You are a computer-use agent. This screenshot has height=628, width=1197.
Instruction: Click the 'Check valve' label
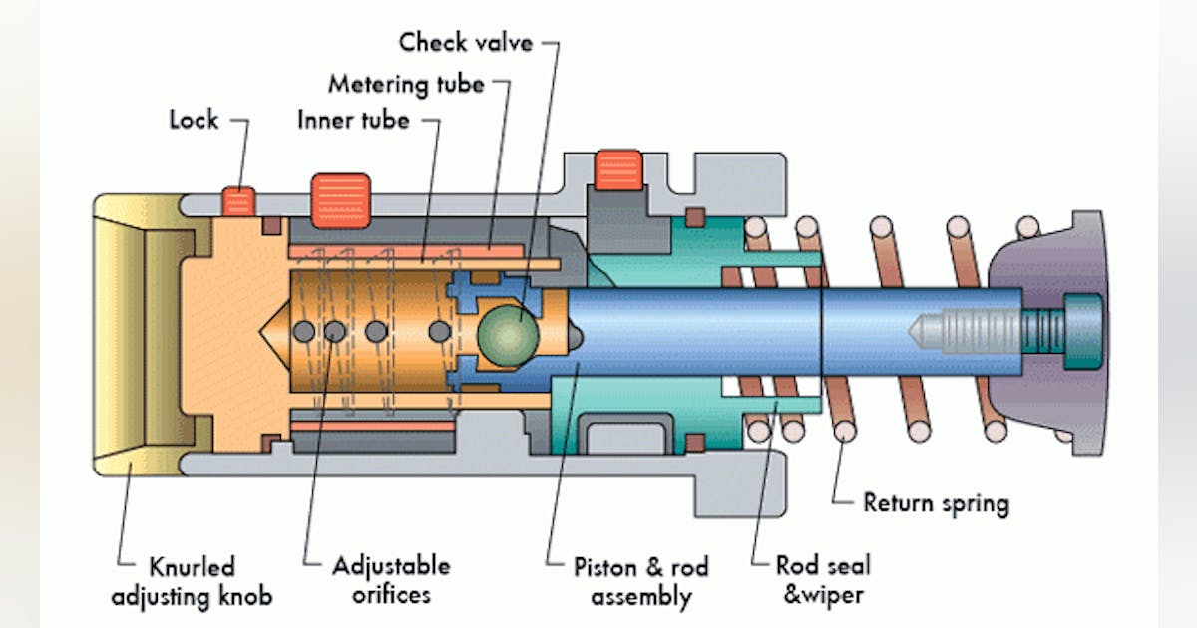tap(466, 43)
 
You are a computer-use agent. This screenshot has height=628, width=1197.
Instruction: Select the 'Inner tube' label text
tap(353, 120)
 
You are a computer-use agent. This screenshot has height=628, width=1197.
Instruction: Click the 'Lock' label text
tap(194, 120)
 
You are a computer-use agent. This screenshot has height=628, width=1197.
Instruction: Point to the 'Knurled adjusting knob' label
tap(192, 582)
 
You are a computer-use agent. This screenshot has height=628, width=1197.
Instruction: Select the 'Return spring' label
tap(935, 503)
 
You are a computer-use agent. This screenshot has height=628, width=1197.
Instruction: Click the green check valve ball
tap(506, 330)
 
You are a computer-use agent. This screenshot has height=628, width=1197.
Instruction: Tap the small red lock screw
tap(236, 200)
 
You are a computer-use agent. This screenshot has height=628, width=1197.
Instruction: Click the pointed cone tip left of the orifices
tap(275, 330)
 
